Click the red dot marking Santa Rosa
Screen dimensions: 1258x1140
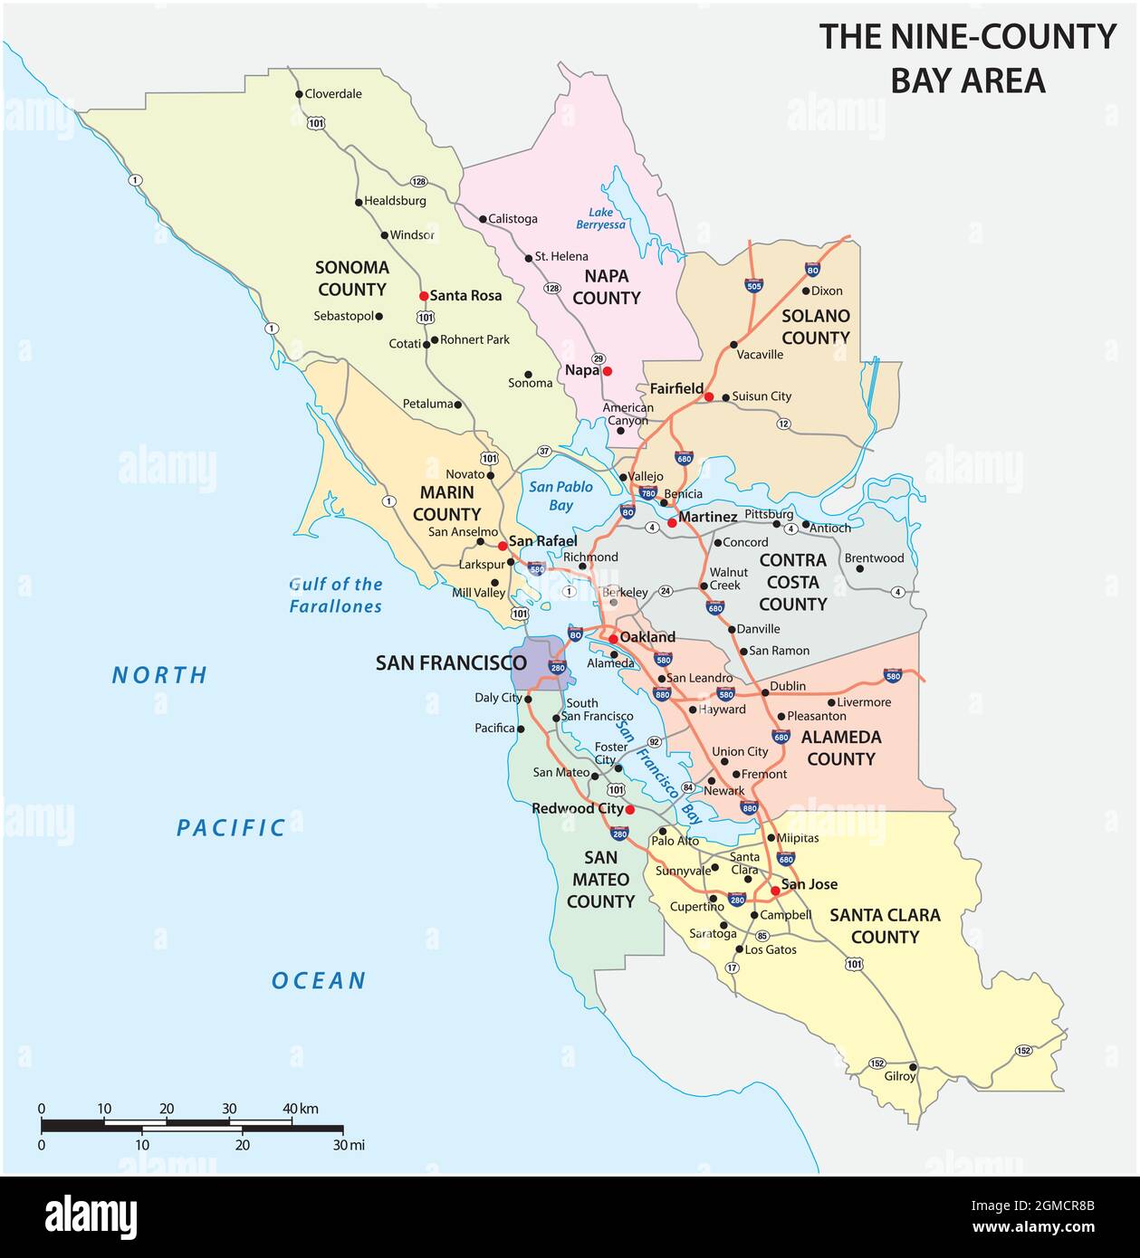point(423,296)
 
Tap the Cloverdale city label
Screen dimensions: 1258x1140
point(332,94)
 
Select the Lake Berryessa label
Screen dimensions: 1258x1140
point(601,218)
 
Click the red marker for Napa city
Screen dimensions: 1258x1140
point(608,371)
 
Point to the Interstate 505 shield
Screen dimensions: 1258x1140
point(753,286)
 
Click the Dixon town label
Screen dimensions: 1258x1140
point(826,291)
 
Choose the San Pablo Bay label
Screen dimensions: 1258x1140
point(560,496)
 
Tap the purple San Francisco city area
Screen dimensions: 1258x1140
point(534,663)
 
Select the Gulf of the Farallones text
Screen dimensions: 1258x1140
point(336,596)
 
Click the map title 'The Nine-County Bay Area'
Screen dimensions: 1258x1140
point(967,58)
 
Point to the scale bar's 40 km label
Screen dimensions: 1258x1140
point(301,1109)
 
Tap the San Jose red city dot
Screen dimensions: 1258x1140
point(775,891)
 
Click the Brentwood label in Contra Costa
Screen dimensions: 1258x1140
point(874,558)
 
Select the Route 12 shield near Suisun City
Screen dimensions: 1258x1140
point(783,424)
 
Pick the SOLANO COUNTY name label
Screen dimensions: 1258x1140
point(815,327)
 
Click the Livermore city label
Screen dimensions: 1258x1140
point(864,702)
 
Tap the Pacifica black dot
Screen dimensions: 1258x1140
point(521,729)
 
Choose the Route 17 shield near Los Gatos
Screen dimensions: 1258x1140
point(732,967)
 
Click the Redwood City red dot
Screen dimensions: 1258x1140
point(630,810)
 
